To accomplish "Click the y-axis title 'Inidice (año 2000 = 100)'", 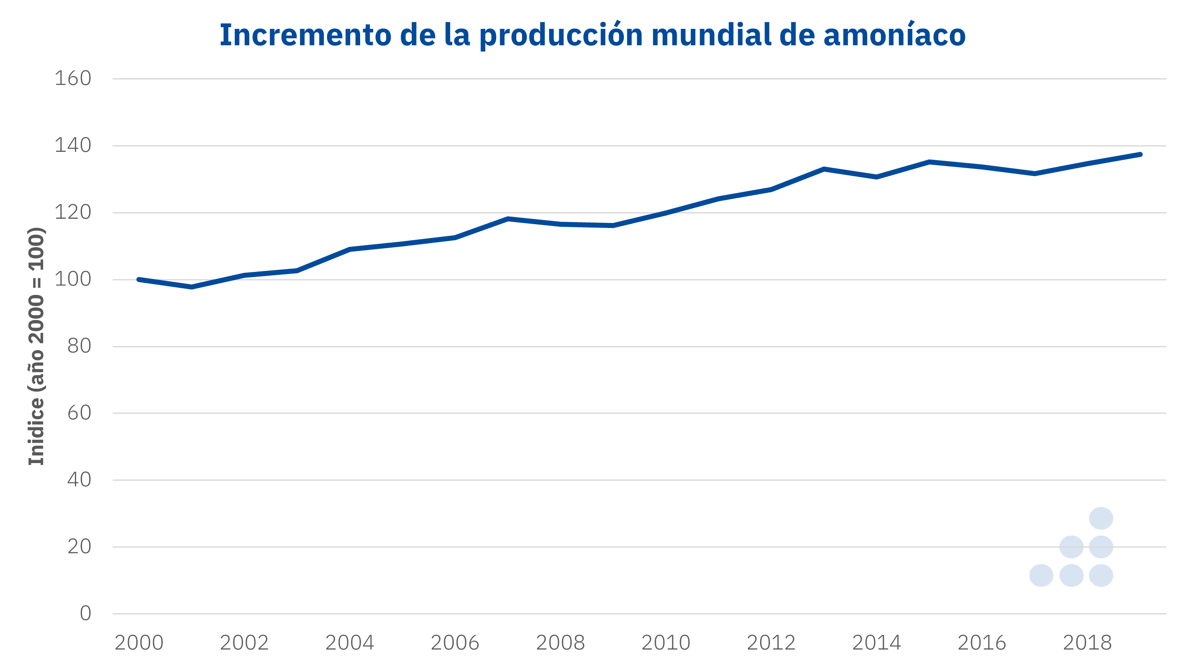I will (x=36, y=346).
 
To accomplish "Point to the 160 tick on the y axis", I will (x=73, y=79).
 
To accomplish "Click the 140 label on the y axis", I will (x=73, y=146).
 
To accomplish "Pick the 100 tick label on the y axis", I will (x=73, y=280).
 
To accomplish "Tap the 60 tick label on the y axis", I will (x=79, y=413).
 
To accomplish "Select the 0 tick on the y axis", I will (x=85, y=614).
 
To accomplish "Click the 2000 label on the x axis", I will (x=139, y=643).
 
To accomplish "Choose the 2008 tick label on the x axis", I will (x=560, y=643).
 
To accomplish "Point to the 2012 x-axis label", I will (x=771, y=643).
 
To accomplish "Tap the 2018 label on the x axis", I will (x=1087, y=643).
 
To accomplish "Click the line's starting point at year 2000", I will (x=139, y=280).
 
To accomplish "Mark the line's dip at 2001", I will (x=192, y=287).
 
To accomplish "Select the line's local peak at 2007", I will (x=508, y=219).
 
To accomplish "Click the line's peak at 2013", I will (x=824, y=169).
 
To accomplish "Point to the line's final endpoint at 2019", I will (x=1140, y=154).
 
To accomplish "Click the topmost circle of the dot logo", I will (x=1101, y=518).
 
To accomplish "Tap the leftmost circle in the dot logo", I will (x=1041, y=575).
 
